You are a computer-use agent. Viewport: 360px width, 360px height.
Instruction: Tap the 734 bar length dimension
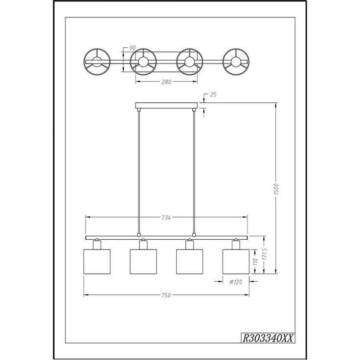pos(166,218)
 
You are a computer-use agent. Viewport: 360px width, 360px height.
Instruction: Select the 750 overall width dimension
pos(166,295)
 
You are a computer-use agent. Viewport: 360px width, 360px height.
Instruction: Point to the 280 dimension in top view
pos(166,82)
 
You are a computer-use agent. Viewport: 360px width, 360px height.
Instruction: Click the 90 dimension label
pos(133,48)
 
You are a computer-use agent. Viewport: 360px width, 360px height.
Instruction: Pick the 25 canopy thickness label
pos(213,94)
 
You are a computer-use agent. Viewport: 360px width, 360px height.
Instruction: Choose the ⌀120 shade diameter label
pos(236,281)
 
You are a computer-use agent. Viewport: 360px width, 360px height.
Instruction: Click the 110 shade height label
pos(256,262)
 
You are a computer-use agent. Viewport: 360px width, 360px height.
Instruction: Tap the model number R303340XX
pos(268,338)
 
